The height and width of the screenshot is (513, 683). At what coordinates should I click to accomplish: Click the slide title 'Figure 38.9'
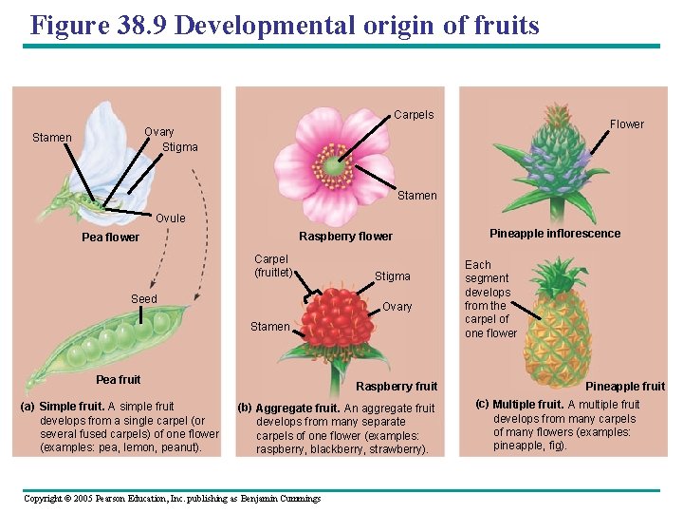coord(285,25)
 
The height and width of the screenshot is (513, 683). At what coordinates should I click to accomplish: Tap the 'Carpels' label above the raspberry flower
coord(414,115)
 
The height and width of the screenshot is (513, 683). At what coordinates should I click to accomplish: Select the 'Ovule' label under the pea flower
coord(171,218)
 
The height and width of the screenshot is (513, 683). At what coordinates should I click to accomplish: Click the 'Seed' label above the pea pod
coord(144,299)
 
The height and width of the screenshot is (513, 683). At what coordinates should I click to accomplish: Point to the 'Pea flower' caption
coord(110,237)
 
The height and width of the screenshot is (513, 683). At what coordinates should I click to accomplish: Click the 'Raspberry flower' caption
coord(345,237)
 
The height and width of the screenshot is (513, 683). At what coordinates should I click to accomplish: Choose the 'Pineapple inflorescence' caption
coord(555,234)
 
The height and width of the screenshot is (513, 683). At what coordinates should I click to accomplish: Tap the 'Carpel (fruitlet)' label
coord(272,266)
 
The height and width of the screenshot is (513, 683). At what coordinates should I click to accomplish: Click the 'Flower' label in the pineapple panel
coord(626,124)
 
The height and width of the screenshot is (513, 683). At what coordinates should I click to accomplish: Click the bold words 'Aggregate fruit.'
coord(298,408)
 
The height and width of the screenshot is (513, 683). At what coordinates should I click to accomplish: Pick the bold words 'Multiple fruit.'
coord(527,405)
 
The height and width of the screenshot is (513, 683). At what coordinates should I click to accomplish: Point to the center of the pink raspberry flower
coord(333,166)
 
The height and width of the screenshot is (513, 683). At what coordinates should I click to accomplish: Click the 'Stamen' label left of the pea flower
coord(52,138)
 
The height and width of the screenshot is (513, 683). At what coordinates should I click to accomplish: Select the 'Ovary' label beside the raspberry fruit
coord(397,307)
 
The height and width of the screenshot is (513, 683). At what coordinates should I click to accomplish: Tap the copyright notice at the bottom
coord(172,499)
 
